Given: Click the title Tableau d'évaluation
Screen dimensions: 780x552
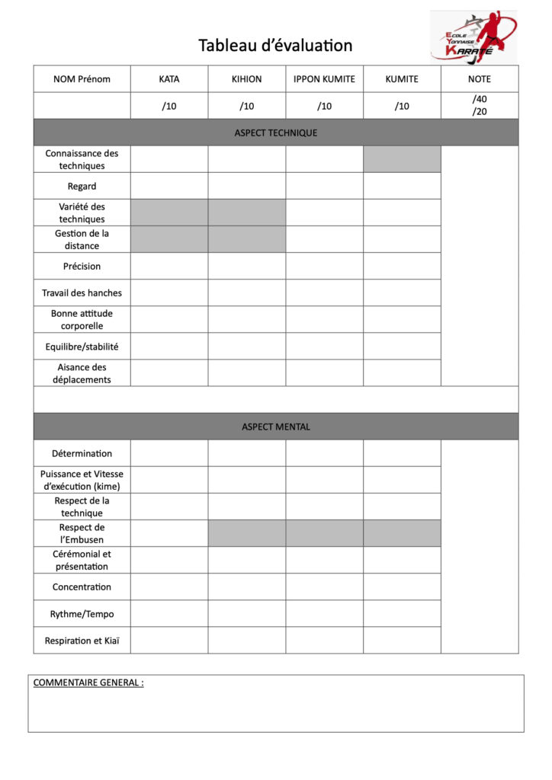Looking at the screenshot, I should [x=275, y=46].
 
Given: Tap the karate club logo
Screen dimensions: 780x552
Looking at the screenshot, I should [x=473, y=36].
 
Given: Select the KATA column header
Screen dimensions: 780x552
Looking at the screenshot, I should [x=169, y=79].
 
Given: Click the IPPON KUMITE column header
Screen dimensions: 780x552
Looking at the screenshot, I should [x=324, y=79].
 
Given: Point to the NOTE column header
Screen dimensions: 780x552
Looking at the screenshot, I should [x=479, y=79].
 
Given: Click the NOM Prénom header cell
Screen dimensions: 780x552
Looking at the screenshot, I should [x=82, y=79].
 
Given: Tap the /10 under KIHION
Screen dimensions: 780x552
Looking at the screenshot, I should [x=246, y=106].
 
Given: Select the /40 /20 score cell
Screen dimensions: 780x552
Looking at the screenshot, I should [x=479, y=105].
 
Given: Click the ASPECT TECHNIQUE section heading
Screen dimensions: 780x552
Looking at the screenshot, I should [x=275, y=133].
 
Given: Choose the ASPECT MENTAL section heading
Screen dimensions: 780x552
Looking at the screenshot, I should [x=275, y=427].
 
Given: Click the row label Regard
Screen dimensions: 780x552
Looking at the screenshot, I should [x=82, y=186].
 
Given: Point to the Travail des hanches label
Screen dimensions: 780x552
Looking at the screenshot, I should [x=82, y=292].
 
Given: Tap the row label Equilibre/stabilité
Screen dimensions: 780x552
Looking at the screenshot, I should [x=82, y=347].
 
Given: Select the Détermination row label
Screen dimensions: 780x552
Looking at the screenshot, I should [x=82, y=453].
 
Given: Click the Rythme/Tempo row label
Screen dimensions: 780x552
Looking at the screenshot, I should [x=82, y=614].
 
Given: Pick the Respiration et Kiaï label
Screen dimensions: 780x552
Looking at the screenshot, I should [x=82, y=641].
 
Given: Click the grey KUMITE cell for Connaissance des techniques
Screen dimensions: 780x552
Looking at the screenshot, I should [x=402, y=159].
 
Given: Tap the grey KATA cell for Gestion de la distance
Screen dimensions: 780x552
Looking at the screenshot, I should [x=169, y=239].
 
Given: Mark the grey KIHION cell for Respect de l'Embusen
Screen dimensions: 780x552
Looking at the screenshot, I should [x=246, y=533].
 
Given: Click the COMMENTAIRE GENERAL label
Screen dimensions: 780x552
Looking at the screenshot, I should [x=88, y=682].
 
